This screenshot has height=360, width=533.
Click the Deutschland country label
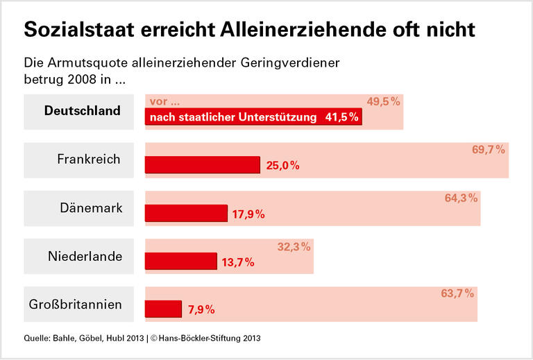coord(83,111)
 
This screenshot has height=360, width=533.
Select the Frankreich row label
coord(89,159)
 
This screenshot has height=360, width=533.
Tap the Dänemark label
coord(91,207)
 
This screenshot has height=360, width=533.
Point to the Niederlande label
coord(85,256)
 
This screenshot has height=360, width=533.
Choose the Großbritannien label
coord(76,304)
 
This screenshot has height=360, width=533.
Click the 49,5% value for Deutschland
coord(384,101)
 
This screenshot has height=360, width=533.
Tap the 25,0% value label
coord(282,166)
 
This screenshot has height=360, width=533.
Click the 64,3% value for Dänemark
coord(461,198)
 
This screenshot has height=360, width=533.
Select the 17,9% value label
coord(248,214)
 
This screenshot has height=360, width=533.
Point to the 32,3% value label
coord(294,246)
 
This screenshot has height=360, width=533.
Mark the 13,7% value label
coord(238,262)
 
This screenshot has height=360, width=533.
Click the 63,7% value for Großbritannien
coord(457,293)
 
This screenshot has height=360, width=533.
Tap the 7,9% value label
coord(201,310)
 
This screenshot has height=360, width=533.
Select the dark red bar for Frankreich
coord(202,164)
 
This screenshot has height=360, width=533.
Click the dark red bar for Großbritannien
coord(163,309)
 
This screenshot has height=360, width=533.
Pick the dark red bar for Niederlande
coord(180,261)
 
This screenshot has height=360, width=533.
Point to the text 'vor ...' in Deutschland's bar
coord(164,102)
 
